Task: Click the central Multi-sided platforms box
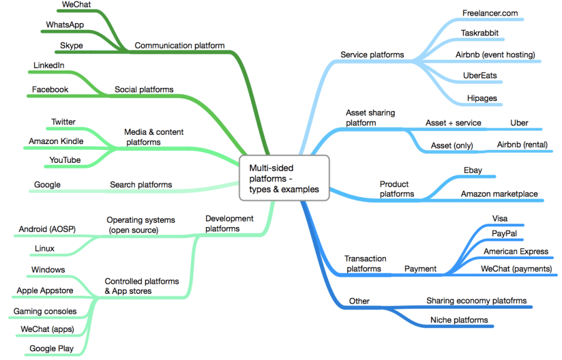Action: point(284,178)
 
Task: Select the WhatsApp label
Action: point(65,25)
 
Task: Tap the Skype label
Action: point(72,46)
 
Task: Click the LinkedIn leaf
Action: point(48,66)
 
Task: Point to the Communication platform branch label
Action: point(180,46)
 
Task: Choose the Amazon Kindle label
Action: point(56,141)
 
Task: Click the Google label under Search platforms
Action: point(47,185)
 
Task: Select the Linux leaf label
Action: point(45,248)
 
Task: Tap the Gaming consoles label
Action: point(45,311)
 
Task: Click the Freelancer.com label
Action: point(490,13)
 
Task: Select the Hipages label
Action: point(482,98)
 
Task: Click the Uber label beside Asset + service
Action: point(519,123)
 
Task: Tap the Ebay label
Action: point(473,171)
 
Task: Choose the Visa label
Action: point(500,218)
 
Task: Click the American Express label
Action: point(516,252)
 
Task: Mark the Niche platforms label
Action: point(459,320)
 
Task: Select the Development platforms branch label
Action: point(230,223)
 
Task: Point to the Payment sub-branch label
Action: point(420,269)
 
